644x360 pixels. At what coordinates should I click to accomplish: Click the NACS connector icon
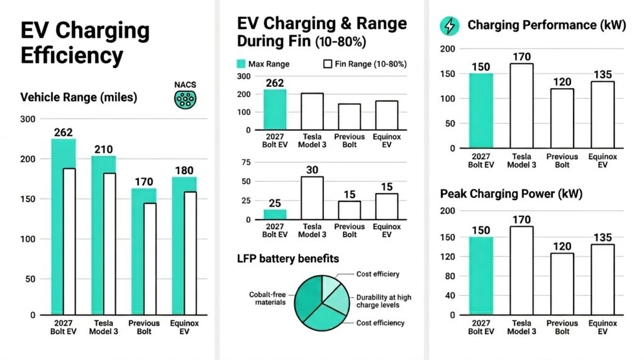pos(184,98)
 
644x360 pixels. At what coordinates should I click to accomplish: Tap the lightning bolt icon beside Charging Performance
pos(450,25)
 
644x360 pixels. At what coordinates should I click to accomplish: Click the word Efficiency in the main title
pos(72,55)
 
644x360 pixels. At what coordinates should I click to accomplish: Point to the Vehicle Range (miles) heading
pos(79,98)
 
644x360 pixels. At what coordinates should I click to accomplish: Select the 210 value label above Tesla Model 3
pos(104,149)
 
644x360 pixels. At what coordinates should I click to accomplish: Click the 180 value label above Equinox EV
pos(184,171)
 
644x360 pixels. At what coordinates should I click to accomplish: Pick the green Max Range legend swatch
pos(241,64)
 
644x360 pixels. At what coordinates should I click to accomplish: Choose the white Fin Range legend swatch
pos(327,64)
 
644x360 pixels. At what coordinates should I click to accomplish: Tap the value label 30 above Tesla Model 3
pos(311,170)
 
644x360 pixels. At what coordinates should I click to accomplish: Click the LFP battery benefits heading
pos(288,258)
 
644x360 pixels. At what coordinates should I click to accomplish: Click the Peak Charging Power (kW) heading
pos(511,194)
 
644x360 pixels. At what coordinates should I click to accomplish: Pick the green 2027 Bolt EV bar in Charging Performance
pos(481,111)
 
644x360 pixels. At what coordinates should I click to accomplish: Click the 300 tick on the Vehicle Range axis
pos(28,119)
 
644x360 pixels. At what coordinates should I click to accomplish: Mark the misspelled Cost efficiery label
pos(377,274)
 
